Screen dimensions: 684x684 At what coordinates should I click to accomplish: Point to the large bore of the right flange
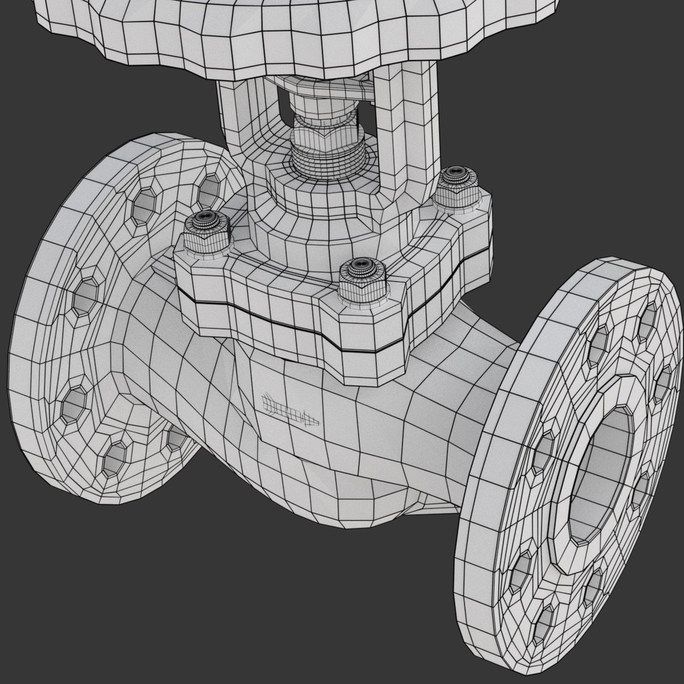click(x=602, y=475)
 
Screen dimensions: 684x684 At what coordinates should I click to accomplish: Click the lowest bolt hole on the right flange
click(x=543, y=624)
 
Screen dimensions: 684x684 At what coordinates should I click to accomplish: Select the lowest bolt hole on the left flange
click(x=114, y=457)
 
